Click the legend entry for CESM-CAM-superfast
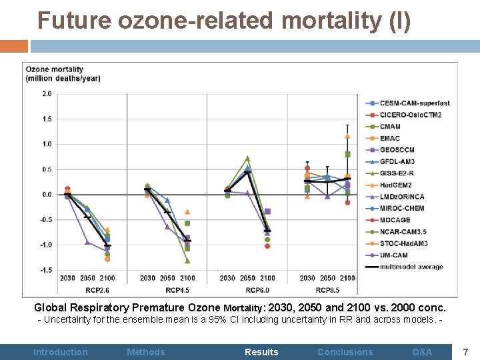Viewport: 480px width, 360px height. click(415, 103)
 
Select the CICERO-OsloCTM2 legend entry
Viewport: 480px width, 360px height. click(410, 115)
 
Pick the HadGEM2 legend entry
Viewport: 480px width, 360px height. click(397, 185)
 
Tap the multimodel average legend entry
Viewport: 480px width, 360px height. click(411, 267)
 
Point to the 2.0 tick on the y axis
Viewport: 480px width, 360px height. click(47, 94)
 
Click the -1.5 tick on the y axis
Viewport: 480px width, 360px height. click(45, 270)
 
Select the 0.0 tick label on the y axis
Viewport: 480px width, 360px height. click(47, 195)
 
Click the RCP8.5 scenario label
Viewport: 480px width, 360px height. click(327, 289)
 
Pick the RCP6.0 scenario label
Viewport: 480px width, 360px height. click(247, 289)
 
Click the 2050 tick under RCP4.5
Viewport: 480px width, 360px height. click(167, 278)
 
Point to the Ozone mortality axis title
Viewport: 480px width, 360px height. click(63, 73)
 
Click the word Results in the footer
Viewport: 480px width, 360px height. click(261, 352)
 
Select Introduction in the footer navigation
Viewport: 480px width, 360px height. click(60, 352)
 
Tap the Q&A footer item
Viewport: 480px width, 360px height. click(422, 352)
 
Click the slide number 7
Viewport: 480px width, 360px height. click(466, 351)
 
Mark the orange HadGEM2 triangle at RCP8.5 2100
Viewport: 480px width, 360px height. click(347, 136)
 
